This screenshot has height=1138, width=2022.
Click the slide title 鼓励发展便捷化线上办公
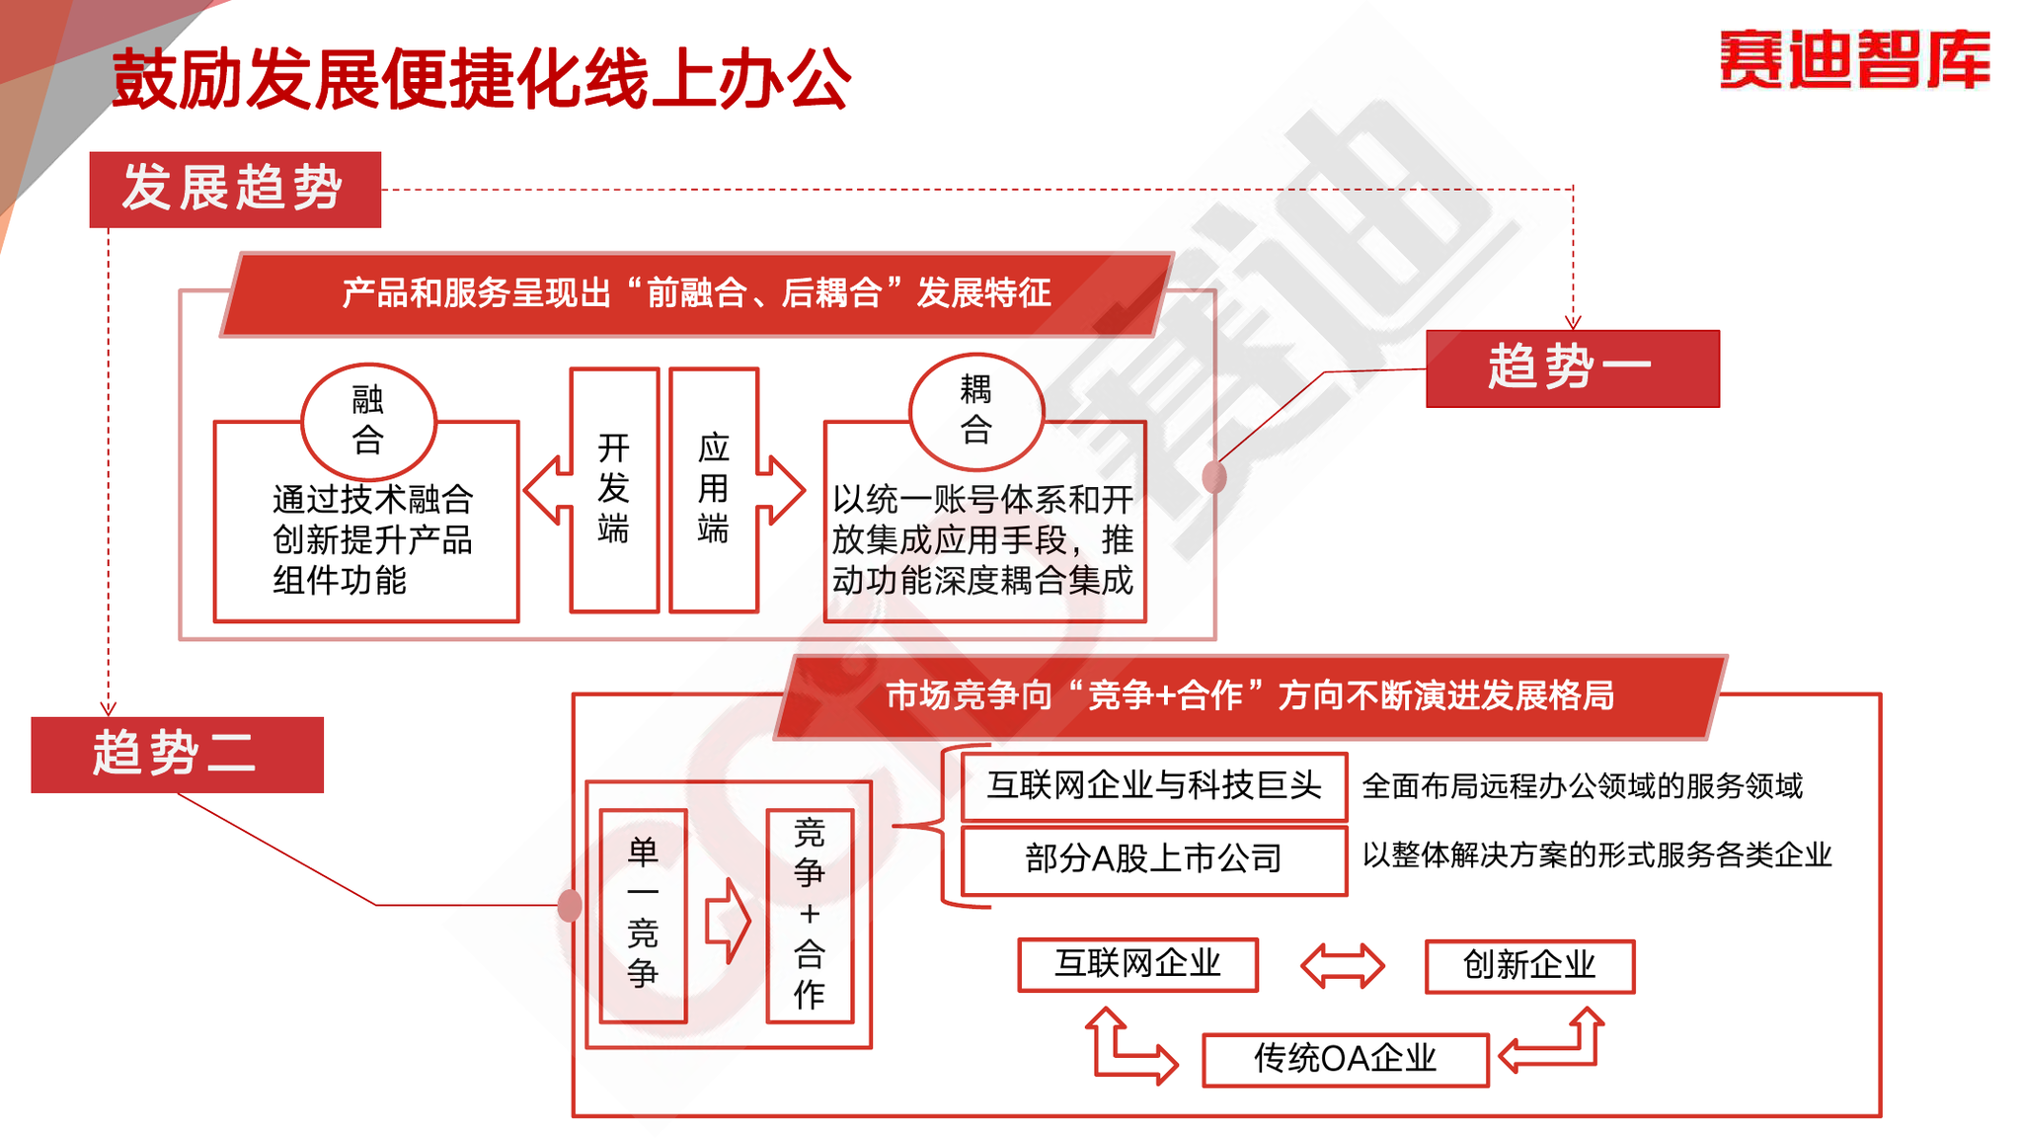click(x=481, y=78)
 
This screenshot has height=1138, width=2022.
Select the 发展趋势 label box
click(x=235, y=189)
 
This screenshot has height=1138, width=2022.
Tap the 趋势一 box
click(x=1572, y=368)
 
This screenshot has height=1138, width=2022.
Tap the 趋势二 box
click(x=177, y=755)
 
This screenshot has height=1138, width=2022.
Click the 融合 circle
click(x=368, y=420)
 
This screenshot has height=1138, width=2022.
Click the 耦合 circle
click(x=975, y=410)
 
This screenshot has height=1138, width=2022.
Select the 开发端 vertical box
click(x=614, y=490)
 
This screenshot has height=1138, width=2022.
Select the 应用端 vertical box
click(x=714, y=490)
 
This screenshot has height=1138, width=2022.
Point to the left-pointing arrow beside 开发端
click(x=548, y=490)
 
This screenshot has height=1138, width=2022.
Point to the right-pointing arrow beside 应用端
click(x=781, y=490)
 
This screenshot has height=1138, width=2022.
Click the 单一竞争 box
click(x=643, y=915)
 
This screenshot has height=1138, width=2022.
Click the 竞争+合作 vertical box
click(x=810, y=915)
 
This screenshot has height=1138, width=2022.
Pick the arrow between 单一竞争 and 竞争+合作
click(x=728, y=921)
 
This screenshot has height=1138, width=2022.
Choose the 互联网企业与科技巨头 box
click(x=1154, y=786)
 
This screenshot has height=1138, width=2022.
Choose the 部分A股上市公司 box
click(x=1154, y=859)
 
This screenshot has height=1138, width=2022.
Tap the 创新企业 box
click(x=1529, y=965)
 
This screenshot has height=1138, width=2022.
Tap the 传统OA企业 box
click(x=1345, y=1060)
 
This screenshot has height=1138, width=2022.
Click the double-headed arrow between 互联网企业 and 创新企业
click(x=1342, y=965)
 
